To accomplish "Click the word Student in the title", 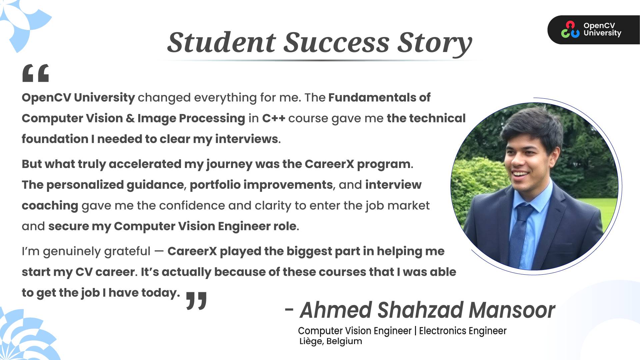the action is click(x=222, y=42).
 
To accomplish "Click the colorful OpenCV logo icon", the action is click(x=570, y=30).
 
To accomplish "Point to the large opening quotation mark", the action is click(x=36, y=73).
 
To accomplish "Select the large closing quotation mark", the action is click(x=196, y=301).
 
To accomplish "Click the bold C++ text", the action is click(x=273, y=118).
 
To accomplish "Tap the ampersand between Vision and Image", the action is click(x=130, y=118).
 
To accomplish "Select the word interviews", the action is click(x=246, y=139).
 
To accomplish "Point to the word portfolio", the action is click(x=215, y=185).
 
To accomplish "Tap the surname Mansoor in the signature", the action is click(x=512, y=310).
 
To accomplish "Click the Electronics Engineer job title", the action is click(x=463, y=331).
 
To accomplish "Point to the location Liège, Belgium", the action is click(x=331, y=341).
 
